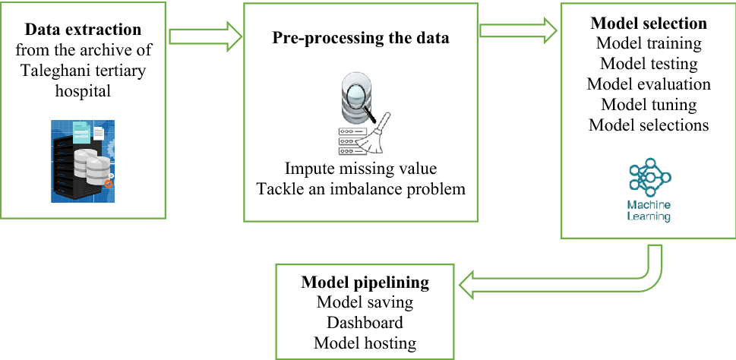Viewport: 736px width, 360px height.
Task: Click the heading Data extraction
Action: pyautogui.click(x=84, y=30)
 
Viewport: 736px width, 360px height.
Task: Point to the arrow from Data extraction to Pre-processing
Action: pyautogui.click(x=204, y=36)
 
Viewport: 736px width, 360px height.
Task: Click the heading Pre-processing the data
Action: pyautogui.click(x=361, y=38)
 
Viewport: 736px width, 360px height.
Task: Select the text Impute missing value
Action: pyautogui.click(x=361, y=168)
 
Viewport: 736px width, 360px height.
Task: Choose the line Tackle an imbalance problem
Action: pyautogui.click(x=361, y=188)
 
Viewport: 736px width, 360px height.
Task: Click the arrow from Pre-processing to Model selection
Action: pyautogui.click(x=517, y=30)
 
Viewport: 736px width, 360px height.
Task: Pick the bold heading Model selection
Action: pyautogui.click(x=649, y=23)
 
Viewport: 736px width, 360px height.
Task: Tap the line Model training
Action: pyautogui.click(x=649, y=43)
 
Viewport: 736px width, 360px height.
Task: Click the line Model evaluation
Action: pyautogui.click(x=649, y=84)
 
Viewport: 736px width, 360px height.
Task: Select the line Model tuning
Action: pyautogui.click(x=649, y=104)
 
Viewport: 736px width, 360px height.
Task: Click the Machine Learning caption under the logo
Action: pyautogui.click(x=649, y=210)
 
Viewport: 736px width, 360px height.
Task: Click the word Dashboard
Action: pyautogui.click(x=365, y=323)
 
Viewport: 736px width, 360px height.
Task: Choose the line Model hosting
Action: pyautogui.click(x=365, y=343)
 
